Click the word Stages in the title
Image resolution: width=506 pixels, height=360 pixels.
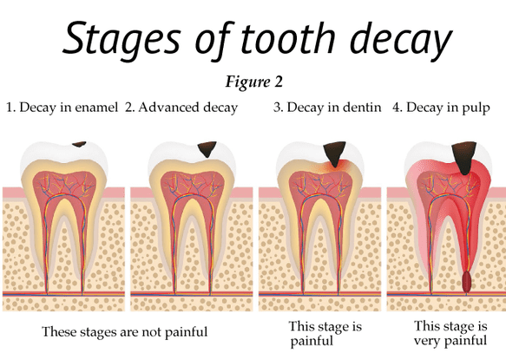click(x=121, y=39)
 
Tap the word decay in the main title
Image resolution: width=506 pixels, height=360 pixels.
click(x=401, y=39)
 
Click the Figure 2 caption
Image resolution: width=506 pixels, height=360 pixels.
click(x=254, y=82)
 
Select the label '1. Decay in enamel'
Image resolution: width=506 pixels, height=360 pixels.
click(x=62, y=108)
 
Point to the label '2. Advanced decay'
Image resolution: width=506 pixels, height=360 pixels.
click(x=181, y=108)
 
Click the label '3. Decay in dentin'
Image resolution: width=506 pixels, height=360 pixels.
click(x=327, y=108)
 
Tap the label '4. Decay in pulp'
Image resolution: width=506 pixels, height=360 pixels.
click(x=441, y=108)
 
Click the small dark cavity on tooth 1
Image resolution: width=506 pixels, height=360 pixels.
click(x=79, y=144)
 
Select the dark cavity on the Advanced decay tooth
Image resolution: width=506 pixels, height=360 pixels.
click(x=207, y=149)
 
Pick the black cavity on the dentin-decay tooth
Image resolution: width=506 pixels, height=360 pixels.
click(x=335, y=153)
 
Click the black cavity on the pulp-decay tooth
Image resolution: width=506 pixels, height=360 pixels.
click(x=464, y=156)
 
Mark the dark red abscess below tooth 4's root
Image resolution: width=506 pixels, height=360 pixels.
click(x=466, y=282)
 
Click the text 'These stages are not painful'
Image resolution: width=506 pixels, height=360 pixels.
click(x=125, y=331)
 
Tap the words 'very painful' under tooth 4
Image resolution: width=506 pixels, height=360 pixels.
click(x=450, y=341)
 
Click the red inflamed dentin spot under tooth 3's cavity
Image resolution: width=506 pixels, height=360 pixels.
click(x=336, y=167)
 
